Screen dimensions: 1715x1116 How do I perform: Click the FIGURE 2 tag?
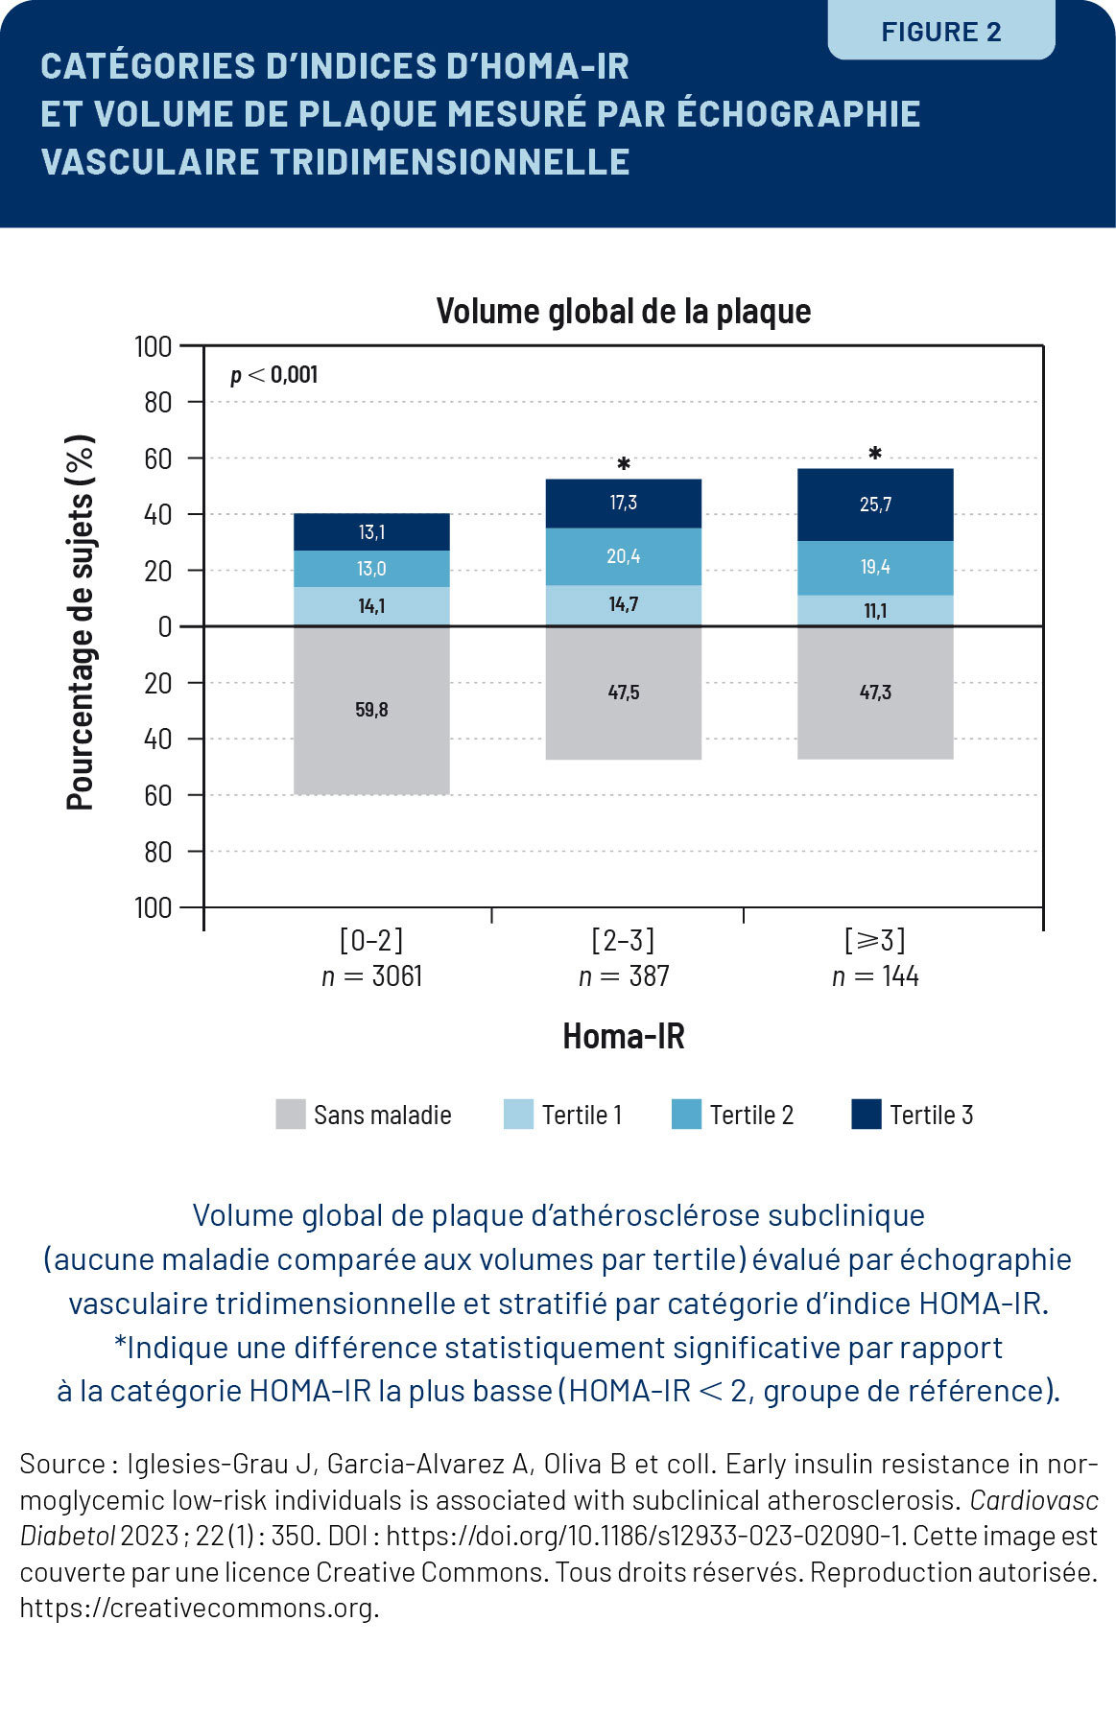(x=940, y=32)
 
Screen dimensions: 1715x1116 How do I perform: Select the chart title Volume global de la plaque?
(x=624, y=311)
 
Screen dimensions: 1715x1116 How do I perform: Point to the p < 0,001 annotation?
(x=273, y=375)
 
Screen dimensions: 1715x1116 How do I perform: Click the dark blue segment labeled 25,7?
(x=875, y=505)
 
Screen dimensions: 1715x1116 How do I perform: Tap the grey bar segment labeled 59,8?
(x=371, y=711)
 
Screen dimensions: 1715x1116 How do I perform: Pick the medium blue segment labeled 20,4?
(x=624, y=556)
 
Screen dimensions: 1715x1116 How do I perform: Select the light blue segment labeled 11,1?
(x=875, y=611)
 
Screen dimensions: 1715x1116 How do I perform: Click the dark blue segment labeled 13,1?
(x=371, y=532)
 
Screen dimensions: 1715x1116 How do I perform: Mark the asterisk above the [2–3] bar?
(x=624, y=465)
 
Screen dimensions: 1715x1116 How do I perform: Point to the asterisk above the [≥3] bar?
(x=875, y=454)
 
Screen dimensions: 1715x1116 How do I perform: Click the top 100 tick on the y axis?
(x=154, y=346)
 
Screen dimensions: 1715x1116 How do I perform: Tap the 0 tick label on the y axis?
(x=164, y=627)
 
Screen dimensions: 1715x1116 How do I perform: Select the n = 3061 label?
(x=371, y=976)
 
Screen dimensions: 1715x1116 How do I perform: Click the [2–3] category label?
(x=624, y=939)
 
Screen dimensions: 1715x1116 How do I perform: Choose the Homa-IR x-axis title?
(x=624, y=1037)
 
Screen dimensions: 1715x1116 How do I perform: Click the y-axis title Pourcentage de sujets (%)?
(x=81, y=623)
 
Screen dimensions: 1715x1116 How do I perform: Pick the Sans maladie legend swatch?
(x=290, y=1115)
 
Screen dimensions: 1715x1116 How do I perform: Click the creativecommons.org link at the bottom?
(x=199, y=1608)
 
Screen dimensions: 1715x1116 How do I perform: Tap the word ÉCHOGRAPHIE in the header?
(x=798, y=113)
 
